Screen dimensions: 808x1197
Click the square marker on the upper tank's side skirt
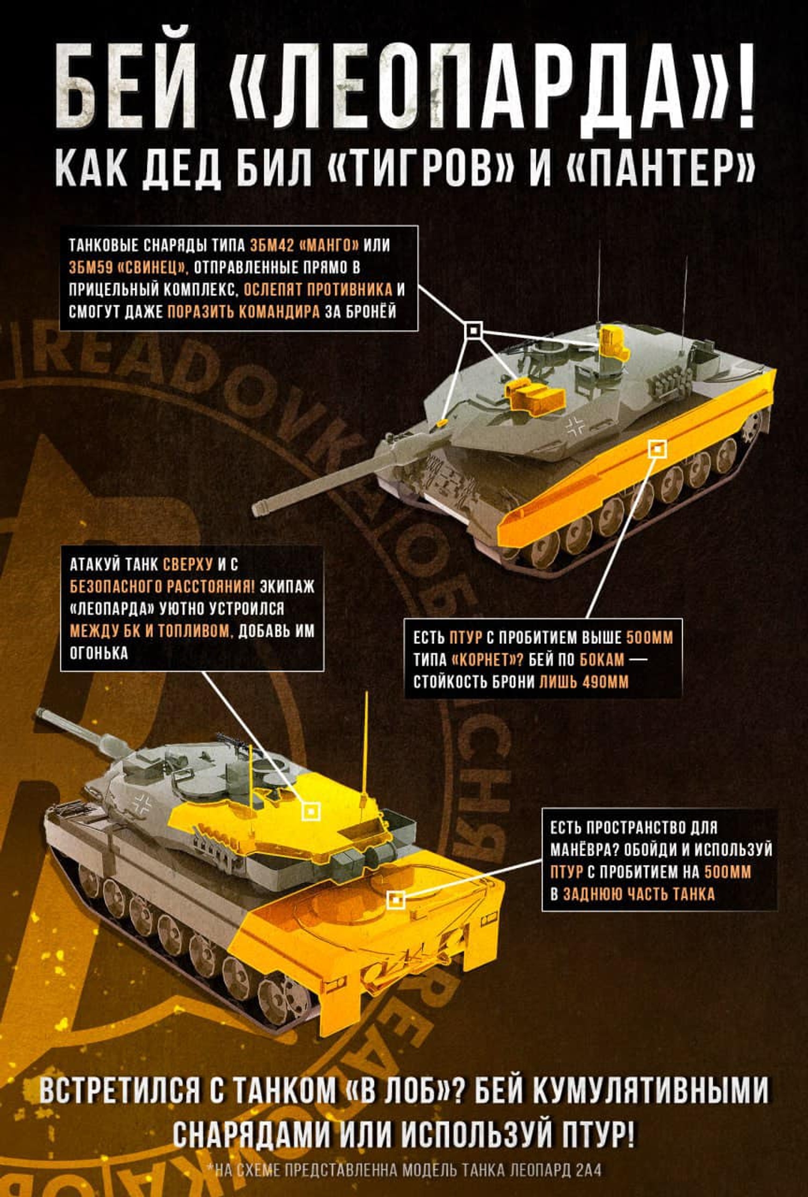tap(657, 449)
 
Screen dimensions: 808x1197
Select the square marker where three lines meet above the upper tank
tap(474, 331)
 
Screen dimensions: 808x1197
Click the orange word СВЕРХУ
tap(188, 564)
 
